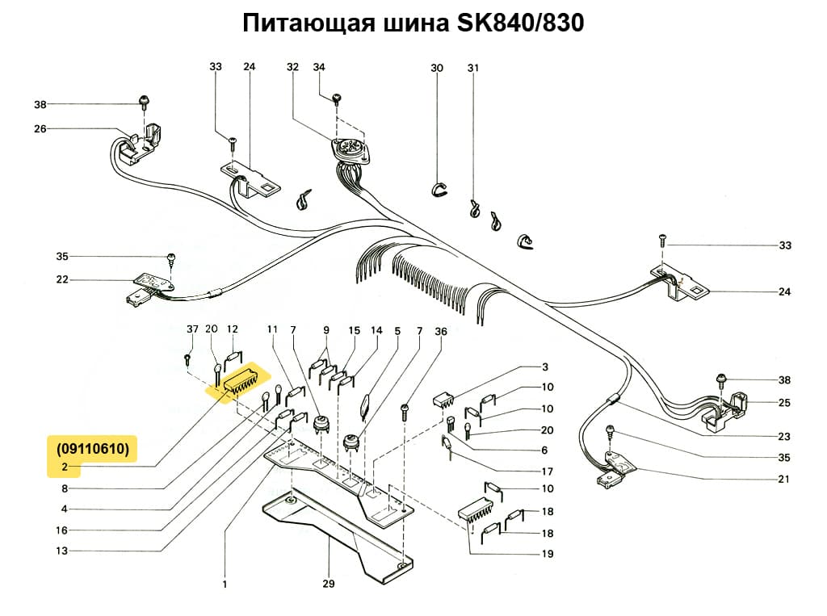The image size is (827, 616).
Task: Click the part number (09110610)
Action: (x=92, y=449)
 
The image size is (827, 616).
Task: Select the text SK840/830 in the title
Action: (x=520, y=24)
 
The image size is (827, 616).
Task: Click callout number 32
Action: (x=292, y=68)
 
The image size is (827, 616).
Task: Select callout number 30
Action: (x=437, y=68)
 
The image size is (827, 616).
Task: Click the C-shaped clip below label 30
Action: (x=436, y=189)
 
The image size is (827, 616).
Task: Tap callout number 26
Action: (x=40, y=128)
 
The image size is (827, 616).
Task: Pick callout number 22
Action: (x=62, y=280)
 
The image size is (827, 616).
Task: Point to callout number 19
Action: (x=548, y=554)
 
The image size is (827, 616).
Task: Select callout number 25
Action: (x=784, y=402)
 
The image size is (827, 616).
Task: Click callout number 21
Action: (x=784, y=480)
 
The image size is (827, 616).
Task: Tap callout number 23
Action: (x=784, y=437)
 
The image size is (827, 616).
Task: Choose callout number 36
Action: (x=440, y=331)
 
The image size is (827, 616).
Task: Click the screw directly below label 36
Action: (x=405, y=414)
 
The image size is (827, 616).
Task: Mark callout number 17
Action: (x=548, y=471)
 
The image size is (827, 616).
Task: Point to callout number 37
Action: (x=191, y=329)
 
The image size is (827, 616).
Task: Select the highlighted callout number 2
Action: (x=62, y=467)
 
